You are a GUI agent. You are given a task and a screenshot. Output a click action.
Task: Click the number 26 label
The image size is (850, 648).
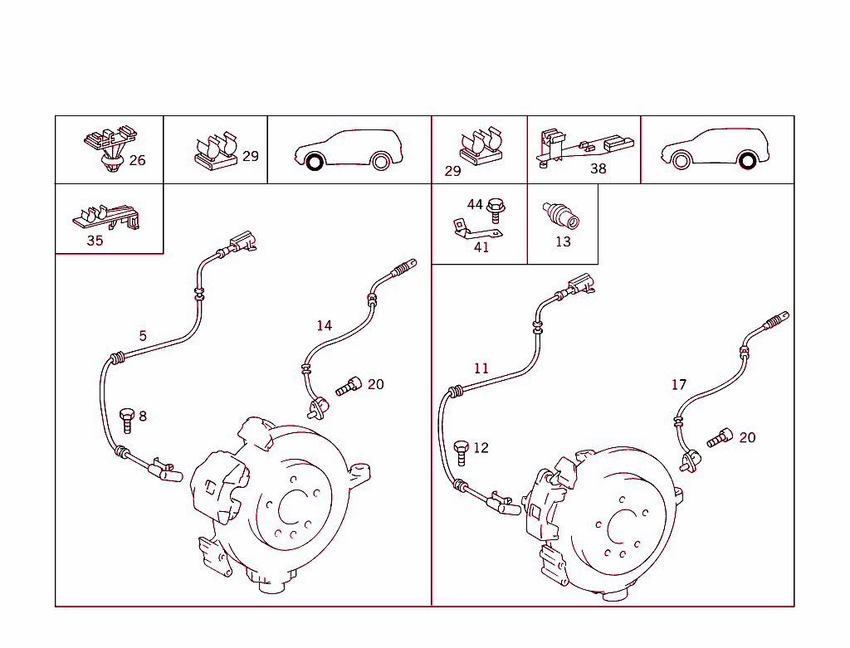click(x=137, y=160)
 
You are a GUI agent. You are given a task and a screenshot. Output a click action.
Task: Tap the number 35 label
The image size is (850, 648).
click(x=95, y=241)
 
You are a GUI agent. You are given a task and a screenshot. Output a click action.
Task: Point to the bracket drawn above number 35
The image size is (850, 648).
click(x=109, y=218)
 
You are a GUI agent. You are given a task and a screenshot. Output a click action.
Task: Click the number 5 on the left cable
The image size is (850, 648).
click(x=143, y=336)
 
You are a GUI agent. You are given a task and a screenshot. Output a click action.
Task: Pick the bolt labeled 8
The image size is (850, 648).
click(x=127, y=420)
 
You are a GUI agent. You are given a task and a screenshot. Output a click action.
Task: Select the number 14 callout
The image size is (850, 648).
click(x=324, y=326)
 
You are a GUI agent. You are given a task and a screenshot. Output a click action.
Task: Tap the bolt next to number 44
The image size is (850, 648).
click(x=496, y=208)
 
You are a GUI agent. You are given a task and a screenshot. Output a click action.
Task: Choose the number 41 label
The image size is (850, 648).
click(x=481, y=247)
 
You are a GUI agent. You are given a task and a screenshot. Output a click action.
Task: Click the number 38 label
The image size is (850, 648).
click(x=598, y=168)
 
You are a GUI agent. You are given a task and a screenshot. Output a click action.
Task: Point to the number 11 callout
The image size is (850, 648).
click(x=481, y=368)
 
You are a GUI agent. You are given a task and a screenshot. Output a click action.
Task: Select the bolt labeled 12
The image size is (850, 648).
click(x=462, y=453)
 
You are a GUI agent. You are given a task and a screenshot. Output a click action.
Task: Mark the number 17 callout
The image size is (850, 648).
click(x=679, y=384)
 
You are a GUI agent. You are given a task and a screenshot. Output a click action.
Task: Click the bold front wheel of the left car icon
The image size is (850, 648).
click(x=315, y=162)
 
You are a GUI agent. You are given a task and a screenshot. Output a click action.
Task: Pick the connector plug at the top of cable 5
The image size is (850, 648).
click(x=243, y=242)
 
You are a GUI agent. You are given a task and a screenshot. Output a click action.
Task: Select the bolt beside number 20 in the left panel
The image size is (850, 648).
click(x=348, y=386)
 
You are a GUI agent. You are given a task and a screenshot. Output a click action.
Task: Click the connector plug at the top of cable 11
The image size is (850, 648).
click(x=581, y=285)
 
